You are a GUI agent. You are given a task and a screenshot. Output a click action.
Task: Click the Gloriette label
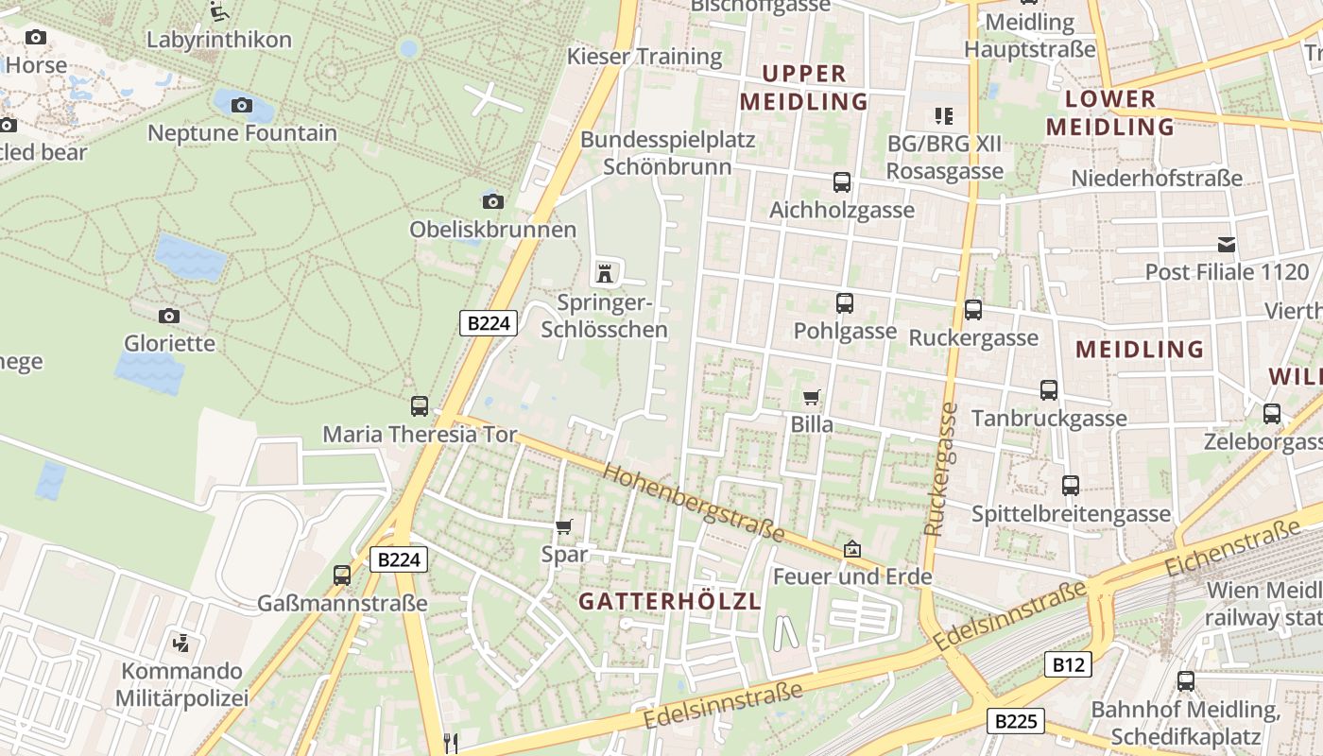[170, 343]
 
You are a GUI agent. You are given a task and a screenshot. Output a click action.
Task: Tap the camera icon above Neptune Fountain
[242, 105]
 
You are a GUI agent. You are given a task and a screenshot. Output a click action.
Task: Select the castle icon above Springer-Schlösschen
[605, 274]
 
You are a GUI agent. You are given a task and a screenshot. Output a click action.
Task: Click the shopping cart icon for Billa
[811, 397]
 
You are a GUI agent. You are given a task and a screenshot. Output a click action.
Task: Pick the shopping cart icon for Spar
[564, 526]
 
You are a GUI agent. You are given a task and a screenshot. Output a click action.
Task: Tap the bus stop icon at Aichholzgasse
[841, 182]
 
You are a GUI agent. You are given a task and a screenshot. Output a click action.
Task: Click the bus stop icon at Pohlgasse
[844, 303]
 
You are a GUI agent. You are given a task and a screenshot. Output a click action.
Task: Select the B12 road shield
[1069, 664]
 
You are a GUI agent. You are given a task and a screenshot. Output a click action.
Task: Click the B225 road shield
[1016, 722]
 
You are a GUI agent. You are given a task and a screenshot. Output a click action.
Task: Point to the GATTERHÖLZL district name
[670, 601]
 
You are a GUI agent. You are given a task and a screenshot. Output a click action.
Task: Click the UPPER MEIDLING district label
[804, 87]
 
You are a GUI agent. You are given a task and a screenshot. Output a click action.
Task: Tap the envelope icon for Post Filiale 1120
[1227, 245]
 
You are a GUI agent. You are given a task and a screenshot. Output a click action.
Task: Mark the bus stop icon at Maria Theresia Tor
[420, 406]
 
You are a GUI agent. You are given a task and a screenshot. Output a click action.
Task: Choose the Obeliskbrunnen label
[492, 230]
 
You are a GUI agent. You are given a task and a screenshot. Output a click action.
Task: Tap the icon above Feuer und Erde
[852, 548]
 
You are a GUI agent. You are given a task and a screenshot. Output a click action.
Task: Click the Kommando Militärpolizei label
[181, 685]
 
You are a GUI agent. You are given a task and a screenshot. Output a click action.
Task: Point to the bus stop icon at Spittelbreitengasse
[1071, 486]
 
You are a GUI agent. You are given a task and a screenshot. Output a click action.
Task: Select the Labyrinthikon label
[219, 40]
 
